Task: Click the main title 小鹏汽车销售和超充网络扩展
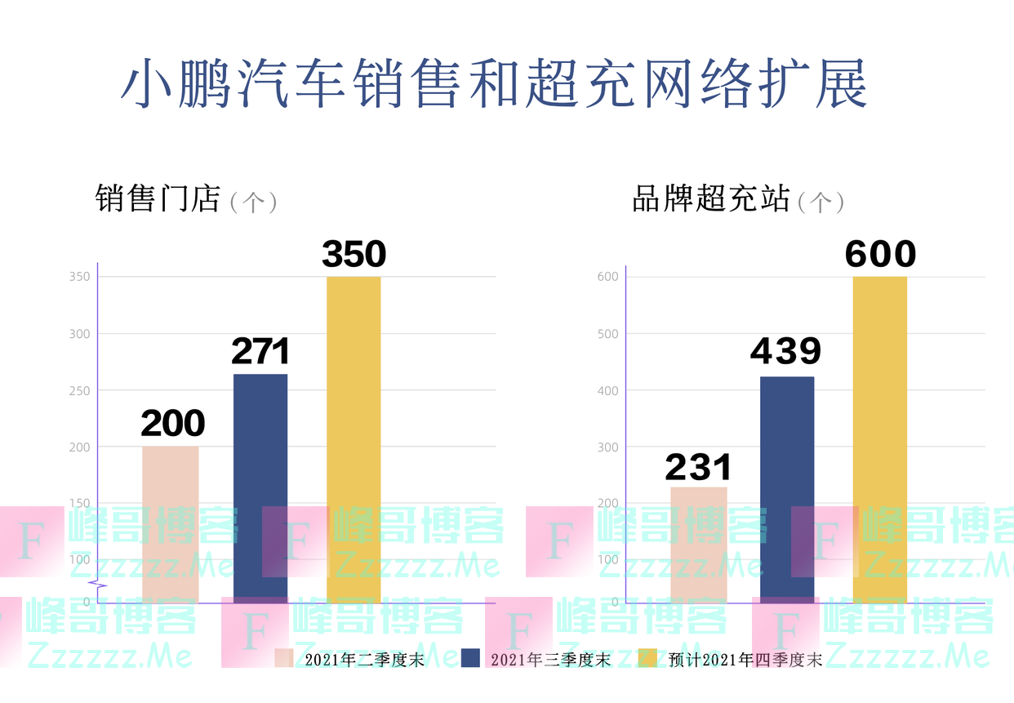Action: [x=494, y=83]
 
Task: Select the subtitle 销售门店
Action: [x=158, y=198]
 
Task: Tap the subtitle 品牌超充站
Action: [x=710, y=198]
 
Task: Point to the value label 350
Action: [x=354, y=255]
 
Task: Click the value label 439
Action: [x=786, y=351]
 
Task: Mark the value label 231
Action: [x=698, y=468]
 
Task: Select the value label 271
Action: [x=260, y=352]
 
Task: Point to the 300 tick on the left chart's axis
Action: [x=79, y=334]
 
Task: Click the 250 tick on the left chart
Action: [x=79, y=390]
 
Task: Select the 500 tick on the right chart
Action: [x=608, y=334]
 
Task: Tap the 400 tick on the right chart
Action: [x=608, y=390]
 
